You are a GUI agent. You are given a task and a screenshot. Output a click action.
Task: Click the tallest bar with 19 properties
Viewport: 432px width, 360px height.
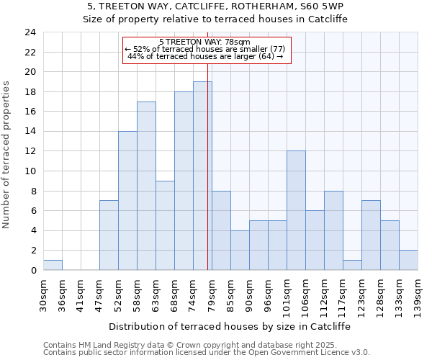pos(202,176)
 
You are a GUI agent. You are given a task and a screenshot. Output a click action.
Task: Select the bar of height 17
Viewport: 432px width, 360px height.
pos(146,186)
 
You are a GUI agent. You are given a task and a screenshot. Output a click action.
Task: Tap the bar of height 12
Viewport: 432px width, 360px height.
pos(296,210)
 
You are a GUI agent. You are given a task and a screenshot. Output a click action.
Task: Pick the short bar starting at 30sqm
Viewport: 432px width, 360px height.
pos(53,265)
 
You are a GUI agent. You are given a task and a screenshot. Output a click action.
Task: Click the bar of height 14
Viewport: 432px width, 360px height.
pos(127,200)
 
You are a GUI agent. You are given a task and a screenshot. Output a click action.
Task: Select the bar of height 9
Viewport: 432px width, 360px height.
pos(165,225)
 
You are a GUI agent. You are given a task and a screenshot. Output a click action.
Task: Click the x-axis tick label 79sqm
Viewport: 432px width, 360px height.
pos(212,294)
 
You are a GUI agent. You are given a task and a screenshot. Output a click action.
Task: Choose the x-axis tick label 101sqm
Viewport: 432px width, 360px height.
pos(287,294)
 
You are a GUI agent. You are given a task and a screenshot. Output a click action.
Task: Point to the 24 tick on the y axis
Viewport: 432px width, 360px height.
pos(30,32)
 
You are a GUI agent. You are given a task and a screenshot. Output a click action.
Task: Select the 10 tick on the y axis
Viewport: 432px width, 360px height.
pos(30,171)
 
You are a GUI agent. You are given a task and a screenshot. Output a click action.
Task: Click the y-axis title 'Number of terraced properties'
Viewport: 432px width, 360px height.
pos(7,155)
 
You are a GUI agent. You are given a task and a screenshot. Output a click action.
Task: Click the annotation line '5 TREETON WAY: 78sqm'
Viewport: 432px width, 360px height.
pos(204,42)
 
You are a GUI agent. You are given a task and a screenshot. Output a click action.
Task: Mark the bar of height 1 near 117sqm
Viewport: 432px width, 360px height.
pos(352,265)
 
